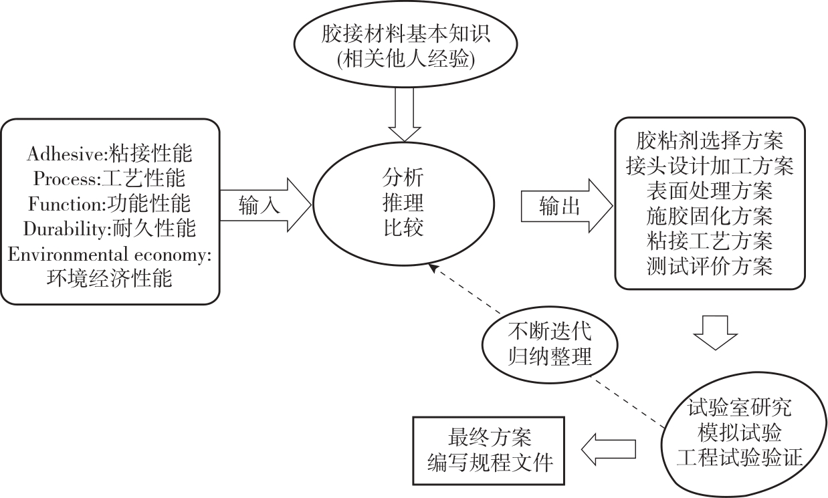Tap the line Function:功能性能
point(109,203)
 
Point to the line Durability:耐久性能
point(110,229)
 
